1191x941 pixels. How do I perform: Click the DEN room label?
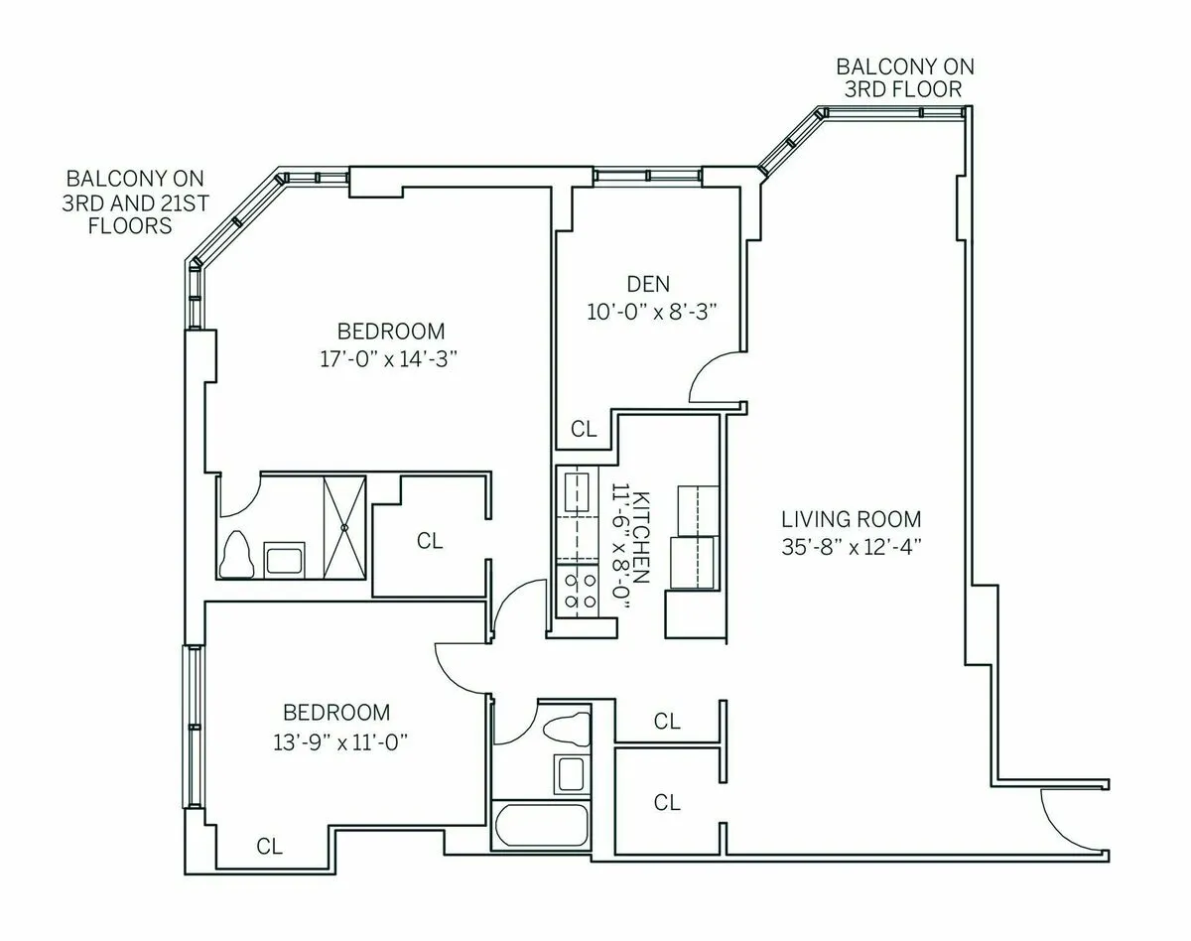point(648,283)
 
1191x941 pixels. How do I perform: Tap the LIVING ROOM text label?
point(851,518)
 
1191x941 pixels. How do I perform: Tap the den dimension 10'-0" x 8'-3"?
point(651,310)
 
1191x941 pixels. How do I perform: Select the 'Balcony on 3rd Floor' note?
point(904,77)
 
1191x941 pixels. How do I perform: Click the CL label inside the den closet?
point(584,429)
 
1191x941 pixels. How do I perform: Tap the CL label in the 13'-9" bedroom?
point(270,846)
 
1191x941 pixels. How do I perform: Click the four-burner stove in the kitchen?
point(579,589)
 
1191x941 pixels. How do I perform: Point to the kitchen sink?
point(577,491)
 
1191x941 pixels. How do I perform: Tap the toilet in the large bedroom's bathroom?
point(238,554)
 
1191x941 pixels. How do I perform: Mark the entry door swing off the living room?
point(1067,820)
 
